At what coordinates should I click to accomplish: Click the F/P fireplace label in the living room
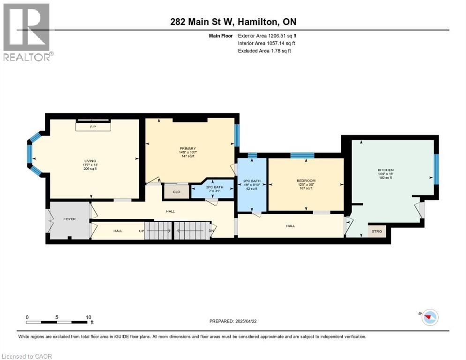pos(93,127)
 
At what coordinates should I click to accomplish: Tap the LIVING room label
pos(89,161)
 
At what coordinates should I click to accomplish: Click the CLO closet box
pos(176,191)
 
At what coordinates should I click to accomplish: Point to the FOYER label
pos(69,219)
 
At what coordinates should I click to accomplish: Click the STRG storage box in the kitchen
pos(377,231)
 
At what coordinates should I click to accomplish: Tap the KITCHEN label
pos(386,170)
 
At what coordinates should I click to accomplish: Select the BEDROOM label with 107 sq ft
pos(306,180)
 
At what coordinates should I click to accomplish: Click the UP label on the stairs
pos(141,231)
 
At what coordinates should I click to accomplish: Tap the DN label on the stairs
pos(211,231)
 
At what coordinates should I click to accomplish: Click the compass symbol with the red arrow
pos(429,317)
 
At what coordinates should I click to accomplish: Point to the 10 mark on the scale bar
pos(89,317)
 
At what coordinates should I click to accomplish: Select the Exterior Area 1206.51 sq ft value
pos(267,36)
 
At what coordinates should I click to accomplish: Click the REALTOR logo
pos(28,32)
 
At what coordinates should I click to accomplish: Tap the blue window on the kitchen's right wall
pos(436,169)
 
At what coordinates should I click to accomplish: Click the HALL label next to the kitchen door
pos(291,226)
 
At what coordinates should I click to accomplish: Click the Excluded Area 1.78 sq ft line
pos(264,51)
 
